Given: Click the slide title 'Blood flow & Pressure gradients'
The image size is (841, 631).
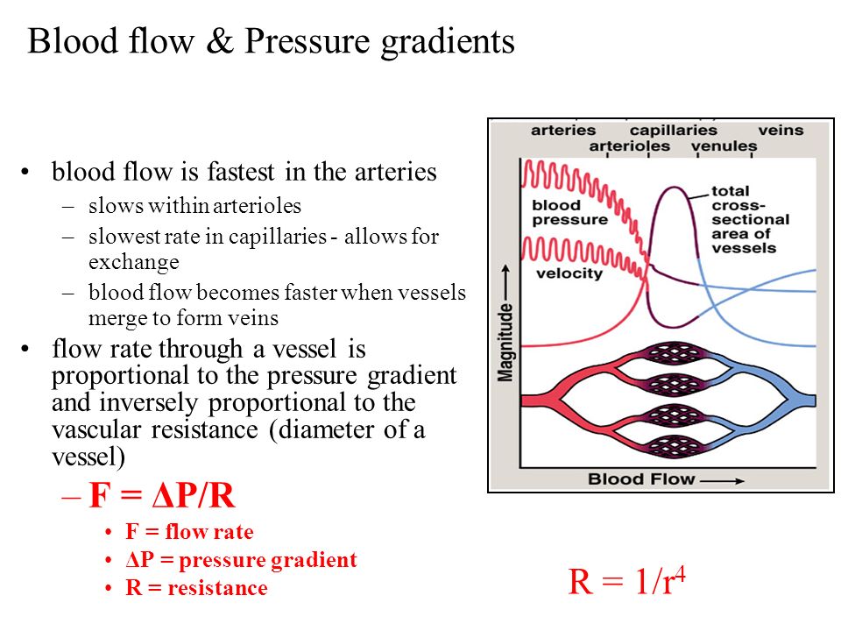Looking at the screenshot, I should point(271,41).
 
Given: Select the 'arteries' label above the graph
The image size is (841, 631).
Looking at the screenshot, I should point(563,130).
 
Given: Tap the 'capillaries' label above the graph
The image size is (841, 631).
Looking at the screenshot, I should point(673,130).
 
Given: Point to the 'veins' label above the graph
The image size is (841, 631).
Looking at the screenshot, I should point(780,130).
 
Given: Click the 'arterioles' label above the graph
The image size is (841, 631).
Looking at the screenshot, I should point(629,146).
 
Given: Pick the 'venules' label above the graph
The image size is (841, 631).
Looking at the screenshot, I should point(724,146).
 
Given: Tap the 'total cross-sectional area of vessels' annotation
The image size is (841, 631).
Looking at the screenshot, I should point(749,219).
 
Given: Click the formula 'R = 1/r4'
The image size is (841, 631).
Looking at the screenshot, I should point(625,582).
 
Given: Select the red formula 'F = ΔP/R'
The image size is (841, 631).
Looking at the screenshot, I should point(162,497).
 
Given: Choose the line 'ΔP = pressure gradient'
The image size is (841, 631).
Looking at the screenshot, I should point(241,560).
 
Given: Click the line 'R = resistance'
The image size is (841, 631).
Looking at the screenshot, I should point(196,588).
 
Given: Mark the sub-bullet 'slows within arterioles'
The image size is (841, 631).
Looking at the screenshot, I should point(194,207).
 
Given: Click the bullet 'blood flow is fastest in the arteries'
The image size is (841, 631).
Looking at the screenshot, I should point(244,172).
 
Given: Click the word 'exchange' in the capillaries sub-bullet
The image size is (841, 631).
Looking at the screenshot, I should point(133,261).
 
